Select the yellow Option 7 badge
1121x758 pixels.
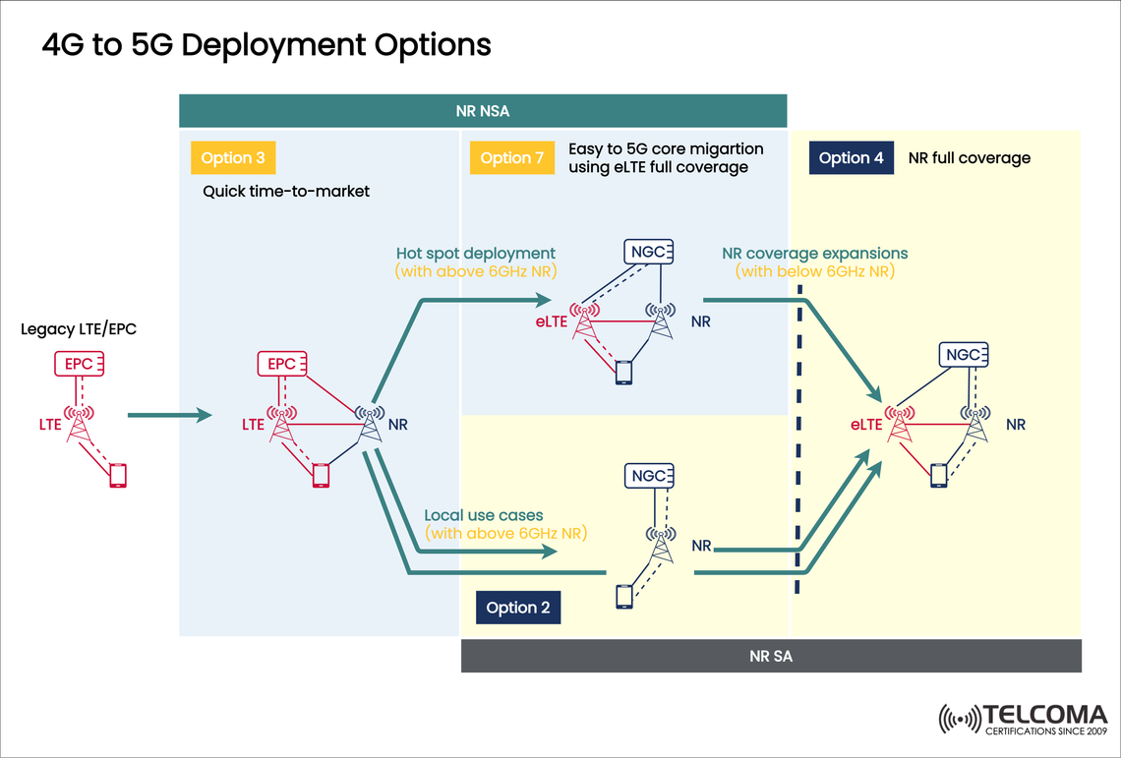tap(511, 158)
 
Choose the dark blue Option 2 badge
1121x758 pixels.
tap(518, 608)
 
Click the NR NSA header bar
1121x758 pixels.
tap(483, 110)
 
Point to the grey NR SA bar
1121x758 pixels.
tap(771, 656)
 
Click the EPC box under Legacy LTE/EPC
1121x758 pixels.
tap(79, 364)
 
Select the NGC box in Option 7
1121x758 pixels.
tap(649, 252)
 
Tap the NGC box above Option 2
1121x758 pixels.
tap(649, 476)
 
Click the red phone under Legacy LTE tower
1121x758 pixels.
tap(118, 475)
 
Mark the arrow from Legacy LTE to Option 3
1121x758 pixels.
tap(169, 416)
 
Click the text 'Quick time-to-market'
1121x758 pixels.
tap(286, 192)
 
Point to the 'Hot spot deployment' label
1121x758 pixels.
tap(475, 254)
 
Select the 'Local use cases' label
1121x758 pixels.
tap(483, 515)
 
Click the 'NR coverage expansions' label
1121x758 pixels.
tap(814, 253)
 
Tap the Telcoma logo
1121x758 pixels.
tap(1023, 719)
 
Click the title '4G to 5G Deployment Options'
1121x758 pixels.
tap(265, 45)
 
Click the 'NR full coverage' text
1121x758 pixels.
tap(969, 158)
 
